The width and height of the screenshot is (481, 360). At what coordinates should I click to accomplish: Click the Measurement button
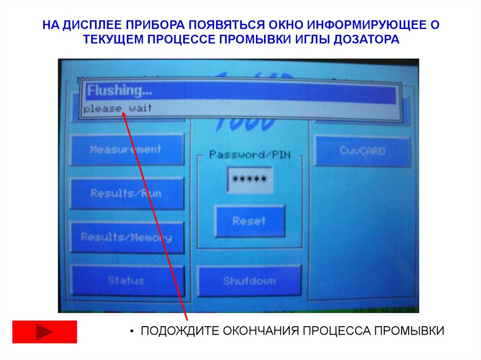pos(126,150)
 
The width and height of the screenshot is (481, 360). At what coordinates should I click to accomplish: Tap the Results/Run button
pos(126,193)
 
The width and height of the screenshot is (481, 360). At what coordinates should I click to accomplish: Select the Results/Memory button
pos(126,237)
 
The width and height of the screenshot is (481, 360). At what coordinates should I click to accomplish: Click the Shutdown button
pos(249,281)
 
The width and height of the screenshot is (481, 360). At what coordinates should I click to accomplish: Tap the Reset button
pos(249,221)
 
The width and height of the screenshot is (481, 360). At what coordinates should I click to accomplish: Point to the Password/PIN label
pos(249,154)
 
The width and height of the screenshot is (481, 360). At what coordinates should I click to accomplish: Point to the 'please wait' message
pos(118,108)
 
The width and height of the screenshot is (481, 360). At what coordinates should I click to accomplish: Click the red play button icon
pos(44,332)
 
